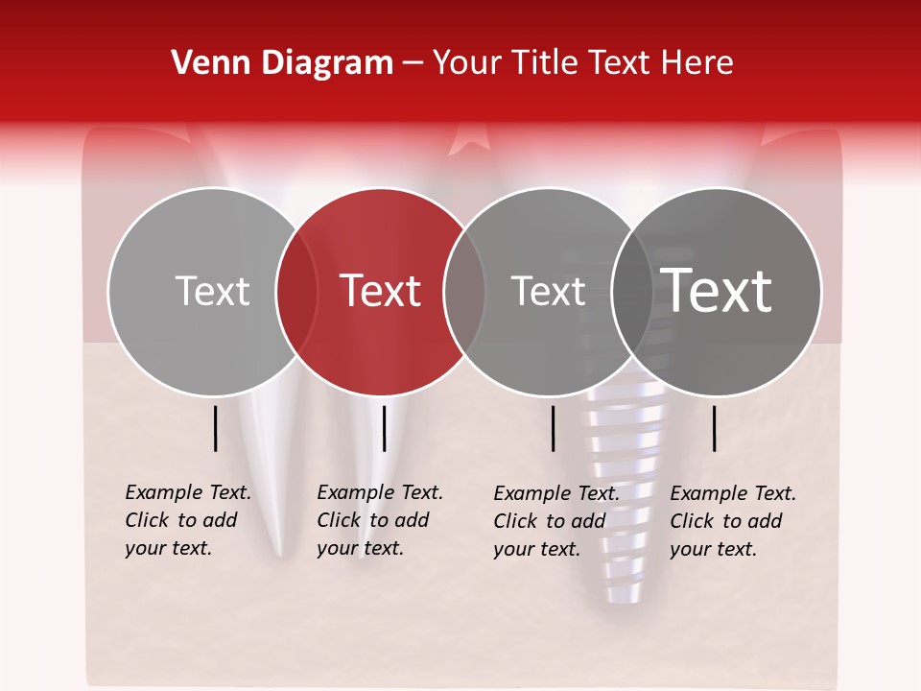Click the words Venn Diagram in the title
click(x=282, y=63)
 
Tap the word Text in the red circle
click(x=381, y=291)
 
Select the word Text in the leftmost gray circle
click(x=212, y=291)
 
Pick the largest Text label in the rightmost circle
click(x=717, y=291)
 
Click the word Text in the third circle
click(x=549, y=291)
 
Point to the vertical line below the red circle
click(x=384, y=428)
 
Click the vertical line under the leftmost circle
click(x=216, y=428)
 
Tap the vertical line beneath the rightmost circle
click(x=715, y=428)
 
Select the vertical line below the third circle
click(x=554, y=428)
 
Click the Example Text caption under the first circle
click(x=188, y=520)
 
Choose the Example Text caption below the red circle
click(x=380, y=520)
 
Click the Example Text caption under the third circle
click(x=556, y=521)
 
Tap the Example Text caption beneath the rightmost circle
click(x=733, y=521)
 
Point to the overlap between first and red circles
click(x=296, y=291)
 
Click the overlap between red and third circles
click(x=464, y=291)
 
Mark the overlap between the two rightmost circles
click(x=632, y=291)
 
